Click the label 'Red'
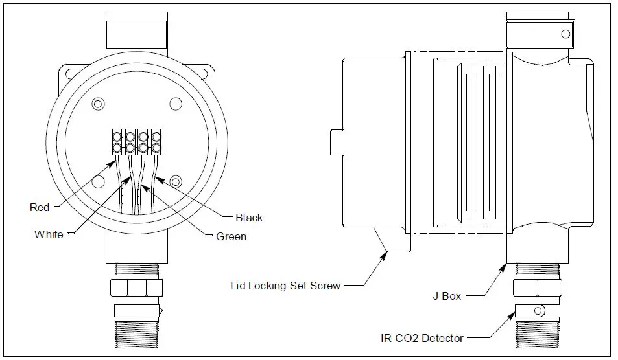[40, 207]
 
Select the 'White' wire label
[49, 234]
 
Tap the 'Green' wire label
[231, 236]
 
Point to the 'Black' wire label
[249, 218]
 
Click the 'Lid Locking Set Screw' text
[285, 286]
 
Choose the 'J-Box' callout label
[447, 296]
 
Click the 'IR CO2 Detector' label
[422, 337]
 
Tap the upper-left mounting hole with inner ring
[98, 104]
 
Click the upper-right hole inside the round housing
[175, 104]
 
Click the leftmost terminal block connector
[117, 142]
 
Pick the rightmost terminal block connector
[156, 142]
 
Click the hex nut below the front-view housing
[137, 287]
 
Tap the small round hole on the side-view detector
[538, 311]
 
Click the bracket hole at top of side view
[565, 34]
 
